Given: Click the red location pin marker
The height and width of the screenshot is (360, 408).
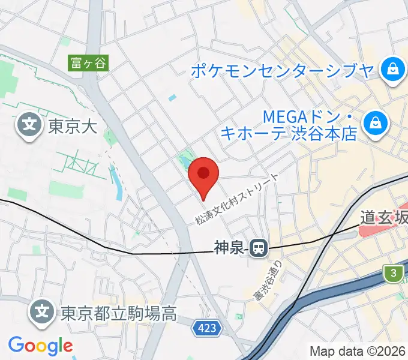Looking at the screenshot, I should tap(203, 175).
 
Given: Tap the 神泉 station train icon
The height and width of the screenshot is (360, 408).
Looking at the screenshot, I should tap(259, 246).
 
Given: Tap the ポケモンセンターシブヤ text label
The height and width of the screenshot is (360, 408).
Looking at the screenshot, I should tap(282, 71).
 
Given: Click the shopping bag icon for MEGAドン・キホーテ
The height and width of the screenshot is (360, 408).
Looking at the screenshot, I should tap(376, 124).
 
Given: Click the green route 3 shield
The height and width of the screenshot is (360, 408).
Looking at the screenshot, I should tap(394, 273).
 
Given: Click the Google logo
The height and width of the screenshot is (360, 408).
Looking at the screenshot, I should tap(40, 346).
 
